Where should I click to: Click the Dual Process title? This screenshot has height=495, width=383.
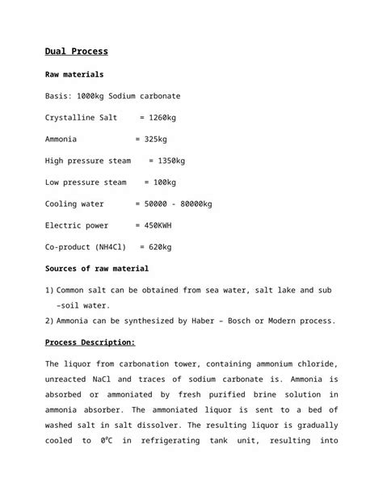(77, 52)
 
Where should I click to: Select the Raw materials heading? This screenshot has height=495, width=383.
(74, 74)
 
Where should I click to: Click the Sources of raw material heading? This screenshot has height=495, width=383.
(97, 268)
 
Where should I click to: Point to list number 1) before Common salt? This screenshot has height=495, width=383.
(49, 290)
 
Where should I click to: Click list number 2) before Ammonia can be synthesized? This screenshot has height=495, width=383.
(49, 321)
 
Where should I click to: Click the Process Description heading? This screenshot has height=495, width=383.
(90, 342)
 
